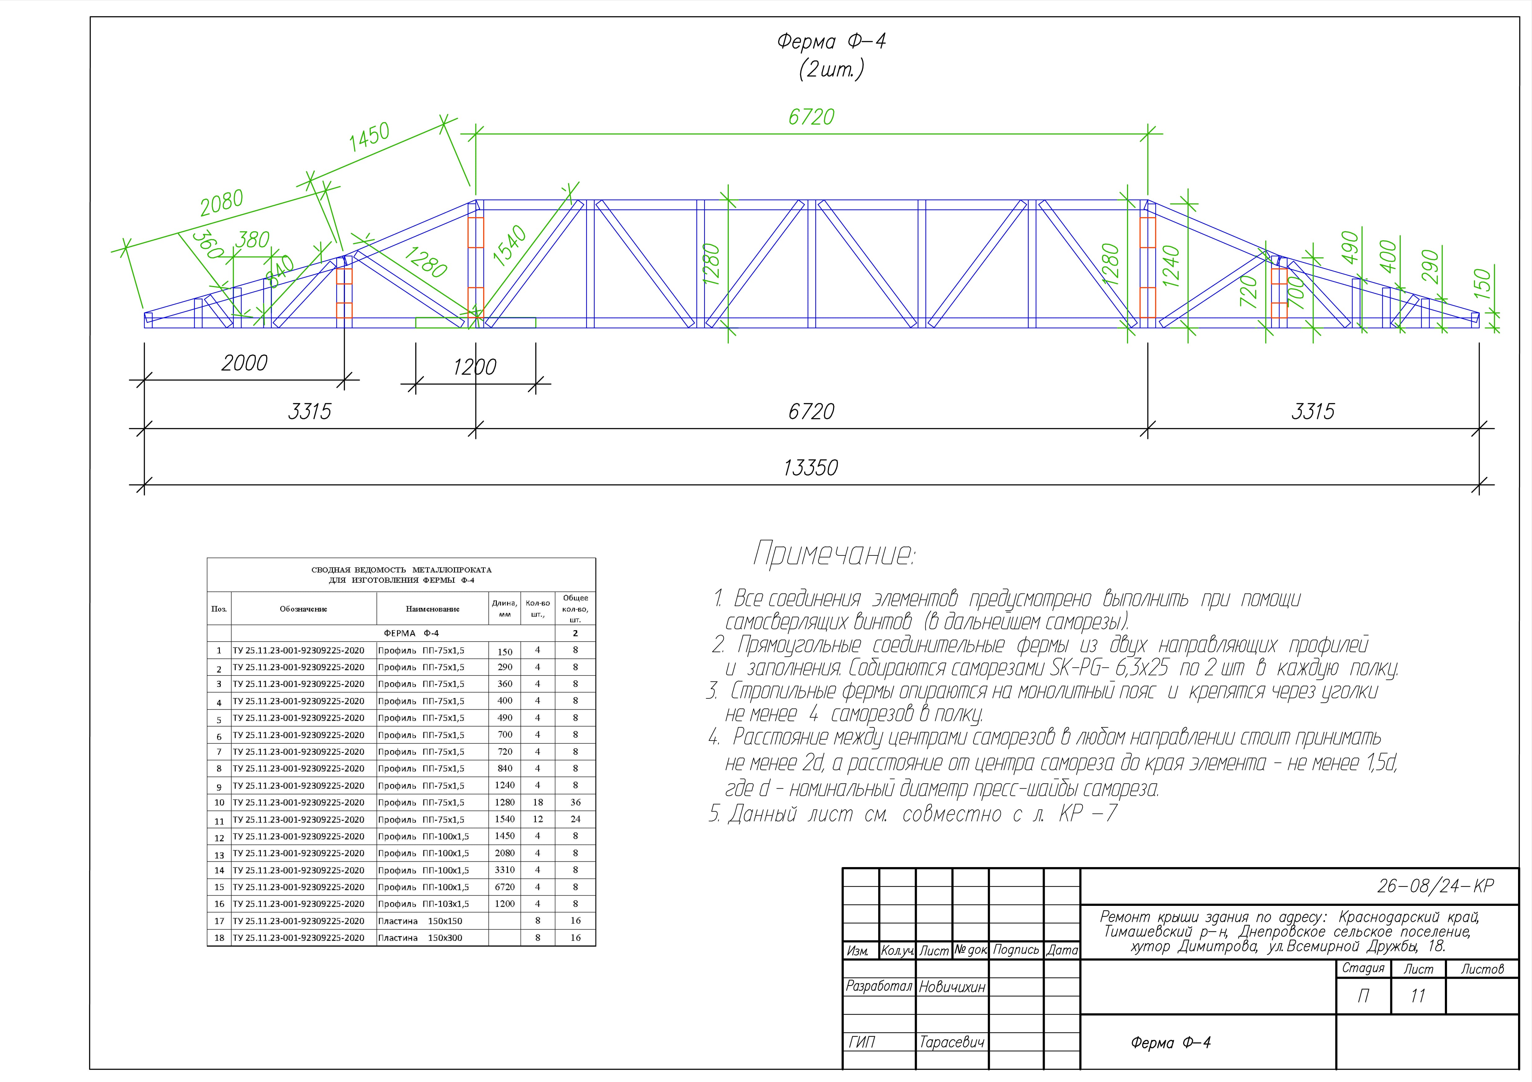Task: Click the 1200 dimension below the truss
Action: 474,367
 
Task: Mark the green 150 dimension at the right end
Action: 1482,283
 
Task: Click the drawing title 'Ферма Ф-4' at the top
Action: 831,41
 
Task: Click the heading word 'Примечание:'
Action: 834,554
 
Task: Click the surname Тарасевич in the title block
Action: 951,1042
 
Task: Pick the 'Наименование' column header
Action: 432,609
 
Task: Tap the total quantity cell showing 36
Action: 575,803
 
